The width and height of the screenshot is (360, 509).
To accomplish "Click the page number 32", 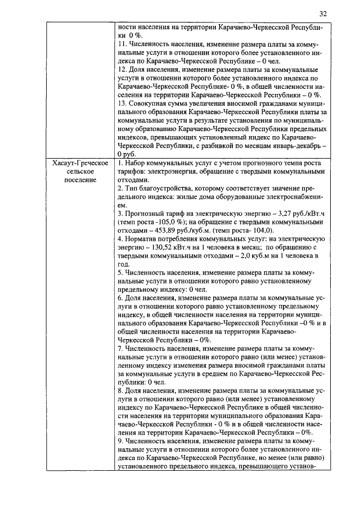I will coord(322,13).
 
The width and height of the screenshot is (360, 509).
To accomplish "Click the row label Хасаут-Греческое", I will coord(72,163).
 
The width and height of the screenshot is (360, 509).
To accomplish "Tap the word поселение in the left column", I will coord(72,179).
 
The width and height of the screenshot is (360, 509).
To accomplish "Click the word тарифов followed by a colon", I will coord(131,171).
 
